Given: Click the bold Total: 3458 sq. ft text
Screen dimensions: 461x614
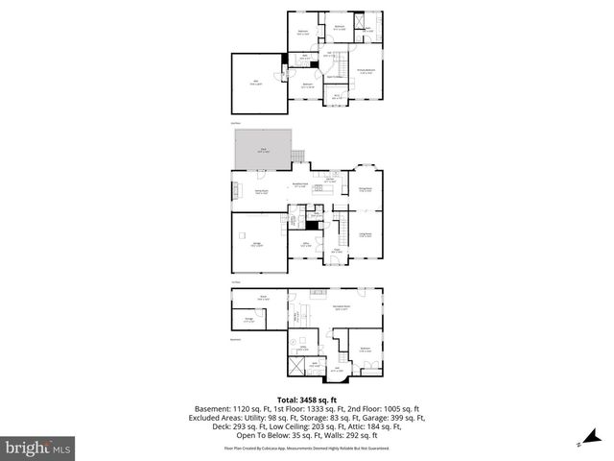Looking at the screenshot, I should coord(307,400).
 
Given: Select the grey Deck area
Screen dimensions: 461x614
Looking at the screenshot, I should coord(260,151).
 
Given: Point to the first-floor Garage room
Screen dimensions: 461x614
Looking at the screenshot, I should coord(258,245).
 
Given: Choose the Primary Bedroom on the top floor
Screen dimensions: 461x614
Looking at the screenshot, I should coord(366,71).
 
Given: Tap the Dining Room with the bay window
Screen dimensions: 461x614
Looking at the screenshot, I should coord(366,190).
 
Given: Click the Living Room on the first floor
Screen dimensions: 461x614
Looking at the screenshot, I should coord(366,234).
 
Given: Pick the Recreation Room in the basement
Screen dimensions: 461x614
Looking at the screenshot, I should coord(341,308).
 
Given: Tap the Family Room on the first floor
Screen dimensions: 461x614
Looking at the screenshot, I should coord(260,191).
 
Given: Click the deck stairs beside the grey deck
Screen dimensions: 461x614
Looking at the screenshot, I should coord(297,156).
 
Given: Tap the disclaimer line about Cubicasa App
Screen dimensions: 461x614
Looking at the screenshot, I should coord(307,448).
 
